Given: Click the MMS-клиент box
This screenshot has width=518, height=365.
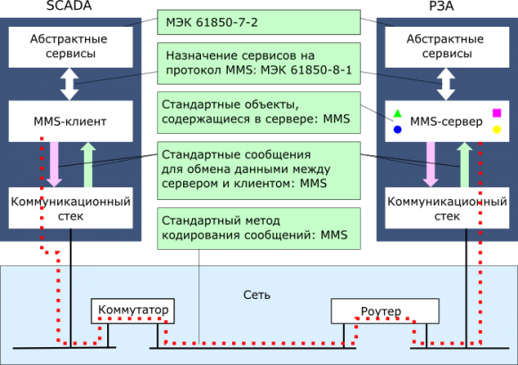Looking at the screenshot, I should tap(70, 119).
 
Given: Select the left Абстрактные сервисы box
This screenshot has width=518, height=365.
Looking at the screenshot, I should tap(70, 46).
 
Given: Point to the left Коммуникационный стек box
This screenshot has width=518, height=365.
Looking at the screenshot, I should tap(70, 208).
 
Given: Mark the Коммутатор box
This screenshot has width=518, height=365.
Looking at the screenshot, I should tap(132, 311).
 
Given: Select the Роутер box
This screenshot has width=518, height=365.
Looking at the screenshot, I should tap(385, 311).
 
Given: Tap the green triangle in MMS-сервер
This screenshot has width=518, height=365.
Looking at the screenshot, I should tap(397, 114).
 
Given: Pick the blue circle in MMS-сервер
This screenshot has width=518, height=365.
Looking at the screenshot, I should tap(397, 130).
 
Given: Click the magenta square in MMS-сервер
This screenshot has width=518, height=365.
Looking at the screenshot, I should tap(497, 113).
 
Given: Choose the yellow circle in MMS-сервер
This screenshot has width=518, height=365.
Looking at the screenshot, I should tap(497, 130).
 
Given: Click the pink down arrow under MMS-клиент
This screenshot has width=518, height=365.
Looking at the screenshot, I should tap(54, 163).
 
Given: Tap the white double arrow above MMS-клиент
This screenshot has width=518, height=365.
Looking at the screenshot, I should tap(70, 82).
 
